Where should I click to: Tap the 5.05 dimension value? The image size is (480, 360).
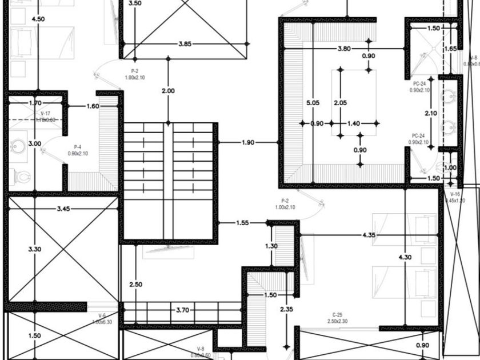tap(313, 103)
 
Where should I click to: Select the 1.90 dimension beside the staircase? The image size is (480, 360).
tap(248, 142)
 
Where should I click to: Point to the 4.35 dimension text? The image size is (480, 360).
tap(369, 235)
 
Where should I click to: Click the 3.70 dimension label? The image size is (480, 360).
tap(182, 310)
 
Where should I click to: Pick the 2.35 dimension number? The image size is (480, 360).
tap(286, 309)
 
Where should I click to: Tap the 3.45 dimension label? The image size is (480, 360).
tap(63, 209)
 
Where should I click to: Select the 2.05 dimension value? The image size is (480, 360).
tap(340, 103)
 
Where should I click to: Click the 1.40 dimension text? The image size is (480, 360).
tap(354, 123)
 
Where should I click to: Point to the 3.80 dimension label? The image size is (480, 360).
tap(344, 49)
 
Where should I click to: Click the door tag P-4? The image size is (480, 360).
tap(77, 147)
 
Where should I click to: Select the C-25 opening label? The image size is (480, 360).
tap(337, 315)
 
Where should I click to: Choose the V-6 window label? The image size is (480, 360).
tap(102, 315)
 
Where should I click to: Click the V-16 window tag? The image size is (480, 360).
tap(455, 194)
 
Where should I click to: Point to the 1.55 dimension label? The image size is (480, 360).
tap(242, 223)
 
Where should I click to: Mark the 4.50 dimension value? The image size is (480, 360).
tap(38, 19)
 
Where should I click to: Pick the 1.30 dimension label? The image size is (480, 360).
tap(271, 246)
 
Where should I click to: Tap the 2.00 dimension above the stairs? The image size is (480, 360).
tap(168, 91)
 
